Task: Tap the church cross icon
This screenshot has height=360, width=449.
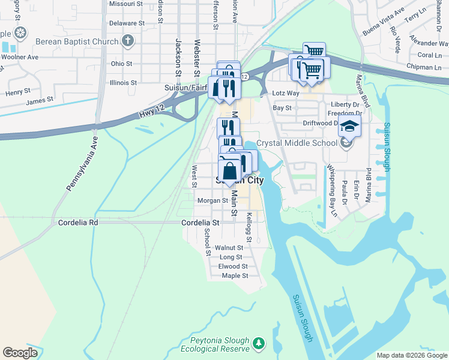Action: coord(127,41)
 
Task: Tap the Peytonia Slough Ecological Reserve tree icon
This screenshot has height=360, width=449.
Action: coord(259,344)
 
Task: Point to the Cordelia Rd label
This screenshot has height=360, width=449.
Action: coord(77,222)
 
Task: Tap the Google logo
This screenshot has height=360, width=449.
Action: coord(20,353)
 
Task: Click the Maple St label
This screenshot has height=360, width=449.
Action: coord(235,276)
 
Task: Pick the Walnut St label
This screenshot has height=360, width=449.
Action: coord(229,247)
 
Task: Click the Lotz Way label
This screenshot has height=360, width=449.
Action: coord(286,94)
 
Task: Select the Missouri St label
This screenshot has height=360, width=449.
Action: coord(125,4)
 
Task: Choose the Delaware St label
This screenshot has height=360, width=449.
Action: coord(124,24)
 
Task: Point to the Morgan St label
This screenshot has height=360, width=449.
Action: coord(212,200)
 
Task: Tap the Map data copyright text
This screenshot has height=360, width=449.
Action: coord(412,355)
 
